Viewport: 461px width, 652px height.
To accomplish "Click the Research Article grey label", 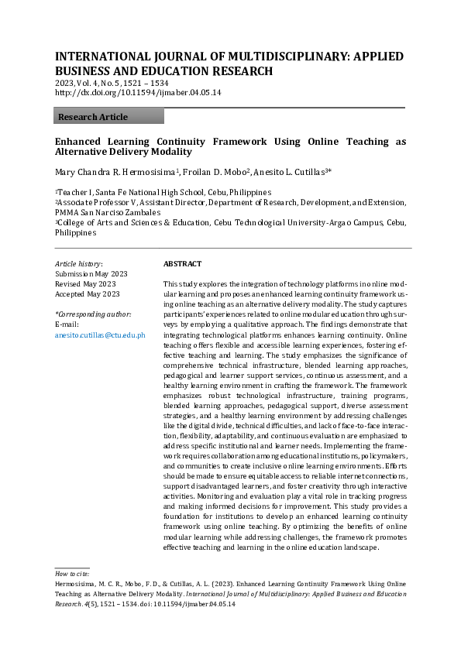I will [x=93, y=117].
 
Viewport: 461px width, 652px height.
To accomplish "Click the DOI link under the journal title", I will [x=138, y=92].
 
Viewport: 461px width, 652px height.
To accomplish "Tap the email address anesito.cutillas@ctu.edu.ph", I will [x=100, y=335].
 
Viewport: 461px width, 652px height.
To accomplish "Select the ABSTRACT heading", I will [x=182, y=264].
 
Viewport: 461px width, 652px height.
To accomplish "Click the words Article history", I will [x=78, y=264].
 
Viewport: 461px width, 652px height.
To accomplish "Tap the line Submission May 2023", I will [x=92, y=274].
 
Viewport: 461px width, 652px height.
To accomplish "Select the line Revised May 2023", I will [x=85, y=284].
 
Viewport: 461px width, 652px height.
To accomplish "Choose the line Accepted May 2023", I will [x=88, y=294].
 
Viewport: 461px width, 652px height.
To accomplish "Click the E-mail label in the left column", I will [x=67, y=324].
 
